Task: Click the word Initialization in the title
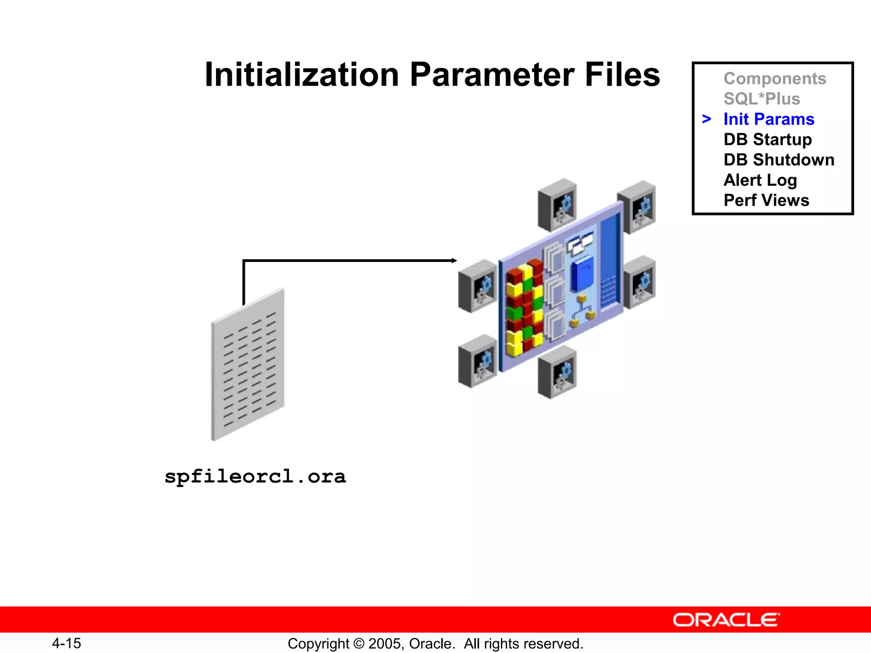tap(302, 75)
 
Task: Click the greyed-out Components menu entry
tap(774, 79)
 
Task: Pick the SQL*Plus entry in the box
tap(762, 99)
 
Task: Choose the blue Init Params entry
tap(769, 119)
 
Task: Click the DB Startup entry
tap(768, 139)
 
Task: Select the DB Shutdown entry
tap(779, 160)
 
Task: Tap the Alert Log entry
tap(760, 180)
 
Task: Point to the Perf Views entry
tap(766, 200)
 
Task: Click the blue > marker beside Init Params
tap(706, 119)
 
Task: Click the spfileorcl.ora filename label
tap(255, 476)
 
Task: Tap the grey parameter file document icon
tap(248, 366)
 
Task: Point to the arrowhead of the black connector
tap(454, 261)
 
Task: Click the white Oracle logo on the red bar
tap(726, 620)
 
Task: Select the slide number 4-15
tap(66, 643)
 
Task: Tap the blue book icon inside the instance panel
tap(582, 274)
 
